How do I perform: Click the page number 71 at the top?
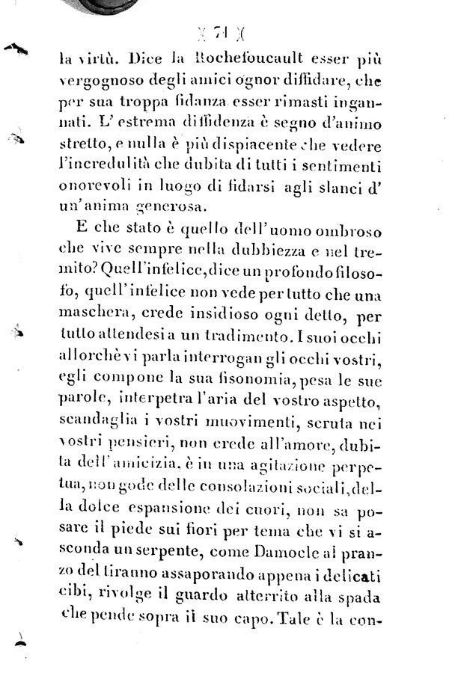point(222,33)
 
